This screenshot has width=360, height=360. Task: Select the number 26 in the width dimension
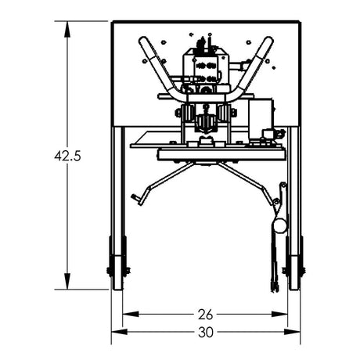pos(205,315)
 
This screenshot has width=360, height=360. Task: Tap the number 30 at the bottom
pos(205,332)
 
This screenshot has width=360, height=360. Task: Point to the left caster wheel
pos(118,268)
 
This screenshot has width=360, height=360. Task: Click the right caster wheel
pos(295,268)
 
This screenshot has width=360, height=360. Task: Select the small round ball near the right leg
pos(279,225)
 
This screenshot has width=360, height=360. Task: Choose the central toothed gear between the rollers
pos(206,122)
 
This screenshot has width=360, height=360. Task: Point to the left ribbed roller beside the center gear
pos(189,113)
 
